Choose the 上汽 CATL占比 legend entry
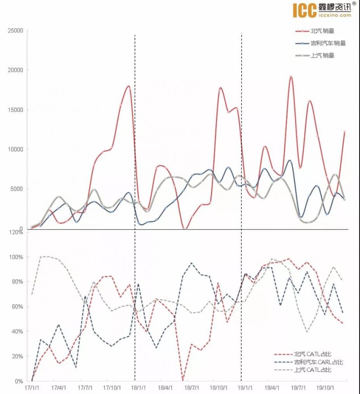pyautogui.click(x=312, y=370)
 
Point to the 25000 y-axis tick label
pyautogui.click(x=16, y=31)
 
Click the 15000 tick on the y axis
pyautogui.click(x=16, y=110)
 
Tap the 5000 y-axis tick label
pyautogui.click(x=17, y=189)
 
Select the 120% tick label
pyautogui.click(x=16, y=232)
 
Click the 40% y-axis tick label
pyautogui.click(x=18, y=331)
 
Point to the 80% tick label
pyautogui.click(x=18, y=282)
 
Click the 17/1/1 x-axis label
pyautogui.click(x=31, y=387)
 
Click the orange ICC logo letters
pyautogui.click(x=305, y=10)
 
